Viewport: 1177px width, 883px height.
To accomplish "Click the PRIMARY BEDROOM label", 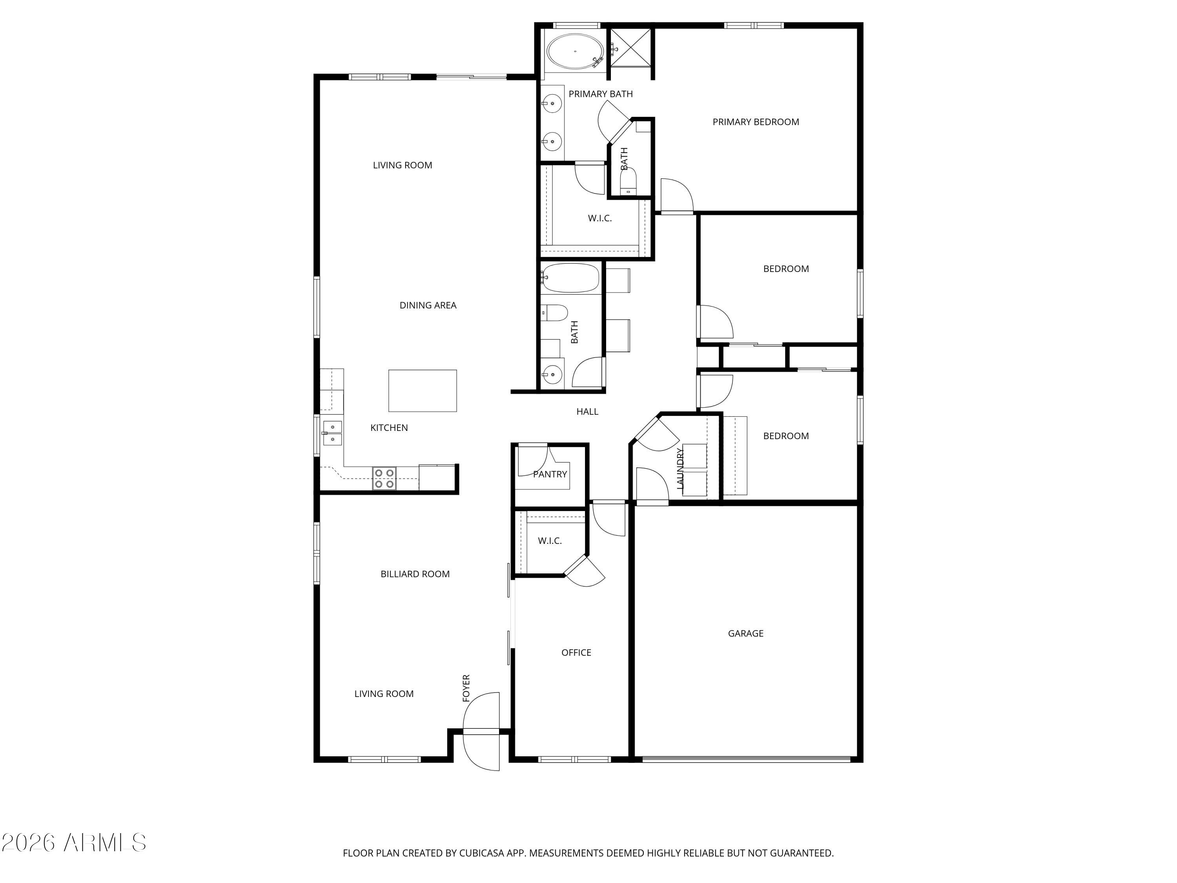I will (x=755, y=122).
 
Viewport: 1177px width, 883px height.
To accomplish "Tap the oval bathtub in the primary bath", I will (x=575, y=52).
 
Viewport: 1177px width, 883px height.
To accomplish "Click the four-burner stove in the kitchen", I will (x=384, y=478).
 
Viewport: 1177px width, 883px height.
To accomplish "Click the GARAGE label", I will (x=745, y=633).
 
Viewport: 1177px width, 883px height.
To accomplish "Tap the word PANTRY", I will (x=550, y=474).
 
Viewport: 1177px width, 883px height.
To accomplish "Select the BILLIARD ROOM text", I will (x=415, y=574).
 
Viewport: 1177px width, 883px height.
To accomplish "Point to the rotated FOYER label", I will (x=466, y=688).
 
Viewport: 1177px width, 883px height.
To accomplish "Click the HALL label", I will (x=587, y=411).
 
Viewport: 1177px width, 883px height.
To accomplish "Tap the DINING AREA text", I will (x=427, y=305).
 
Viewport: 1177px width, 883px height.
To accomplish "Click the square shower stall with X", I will (x=630, y=48).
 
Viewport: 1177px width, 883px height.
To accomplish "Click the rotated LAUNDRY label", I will (x=680, y=468).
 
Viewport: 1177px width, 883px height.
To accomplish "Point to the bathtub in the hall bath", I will (x=570, y=278).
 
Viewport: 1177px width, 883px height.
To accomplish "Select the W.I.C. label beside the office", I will (x=549, y=541).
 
